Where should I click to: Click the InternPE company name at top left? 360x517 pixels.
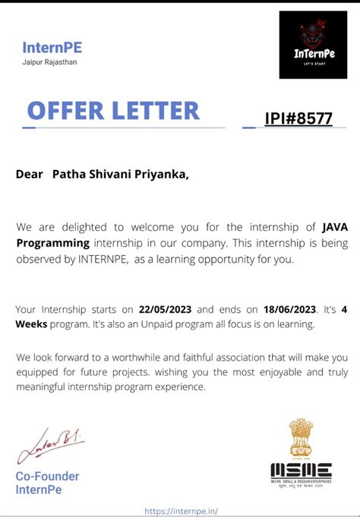coord(57,47)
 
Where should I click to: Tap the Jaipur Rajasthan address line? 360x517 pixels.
coord(49,62)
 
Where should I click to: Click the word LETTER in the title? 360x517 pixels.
coord(158,111)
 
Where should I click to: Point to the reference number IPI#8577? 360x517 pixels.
coord(298,118)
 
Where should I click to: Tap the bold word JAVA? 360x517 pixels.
coord(335,225)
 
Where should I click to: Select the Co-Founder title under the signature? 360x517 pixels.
coord(47,477)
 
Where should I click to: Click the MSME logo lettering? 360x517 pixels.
coord(301,468)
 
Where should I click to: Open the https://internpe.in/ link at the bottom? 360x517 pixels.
coord(185,511)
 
